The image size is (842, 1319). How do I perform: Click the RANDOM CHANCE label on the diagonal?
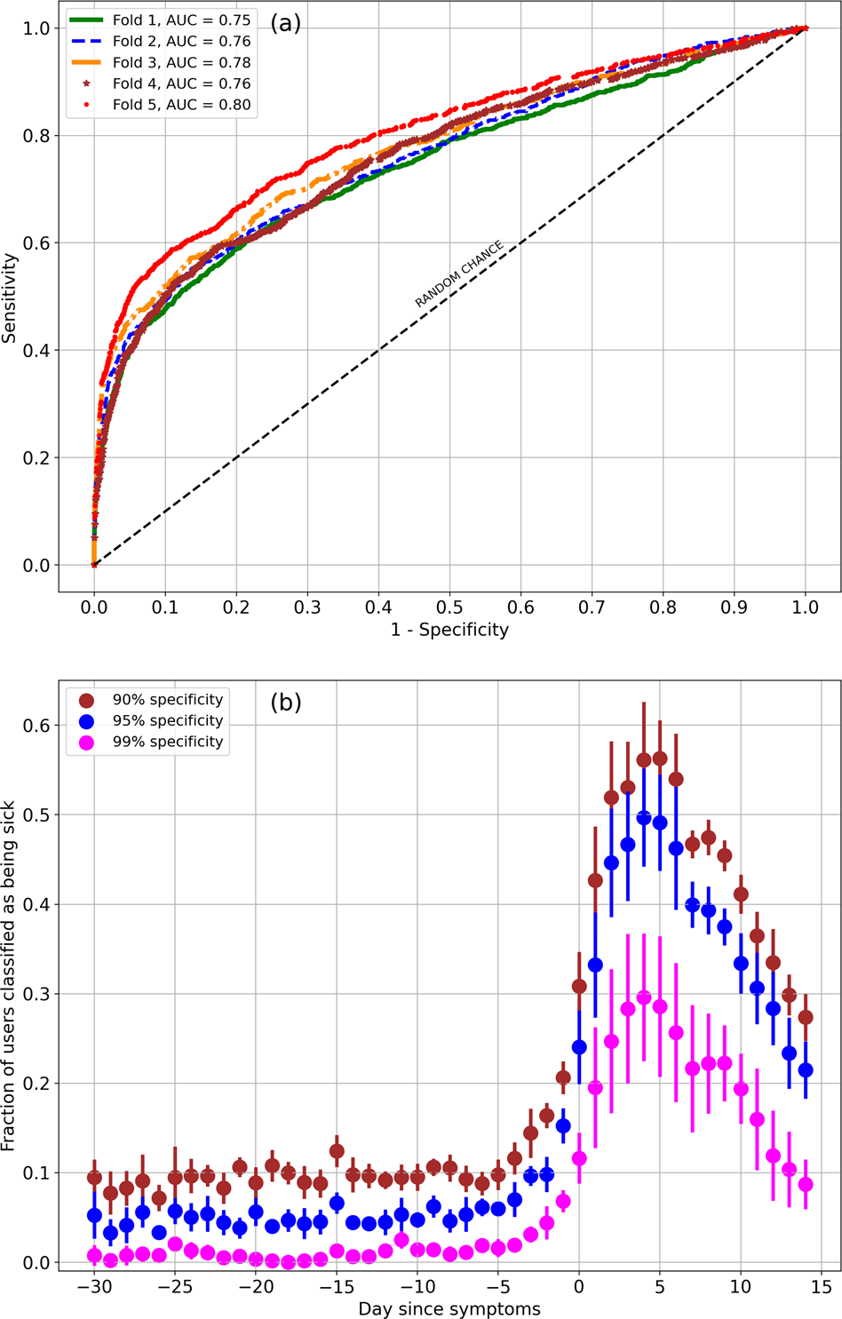459,274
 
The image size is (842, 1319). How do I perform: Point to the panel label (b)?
286,702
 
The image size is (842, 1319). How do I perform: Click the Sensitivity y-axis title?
10,298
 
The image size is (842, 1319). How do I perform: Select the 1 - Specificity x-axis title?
449,630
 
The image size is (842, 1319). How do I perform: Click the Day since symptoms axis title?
449,1308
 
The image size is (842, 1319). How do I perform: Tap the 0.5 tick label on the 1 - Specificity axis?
449,608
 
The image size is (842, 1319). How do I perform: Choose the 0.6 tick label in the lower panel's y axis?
36,726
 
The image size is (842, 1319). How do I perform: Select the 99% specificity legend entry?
167,742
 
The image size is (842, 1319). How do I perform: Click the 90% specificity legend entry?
167,700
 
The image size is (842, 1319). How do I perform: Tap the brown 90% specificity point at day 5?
660,759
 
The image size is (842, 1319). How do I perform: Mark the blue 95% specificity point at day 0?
579,1047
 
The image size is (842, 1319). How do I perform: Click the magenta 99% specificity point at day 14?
806,1184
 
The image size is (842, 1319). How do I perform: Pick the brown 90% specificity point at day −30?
94,1178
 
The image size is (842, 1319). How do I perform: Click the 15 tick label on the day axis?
822,1286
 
